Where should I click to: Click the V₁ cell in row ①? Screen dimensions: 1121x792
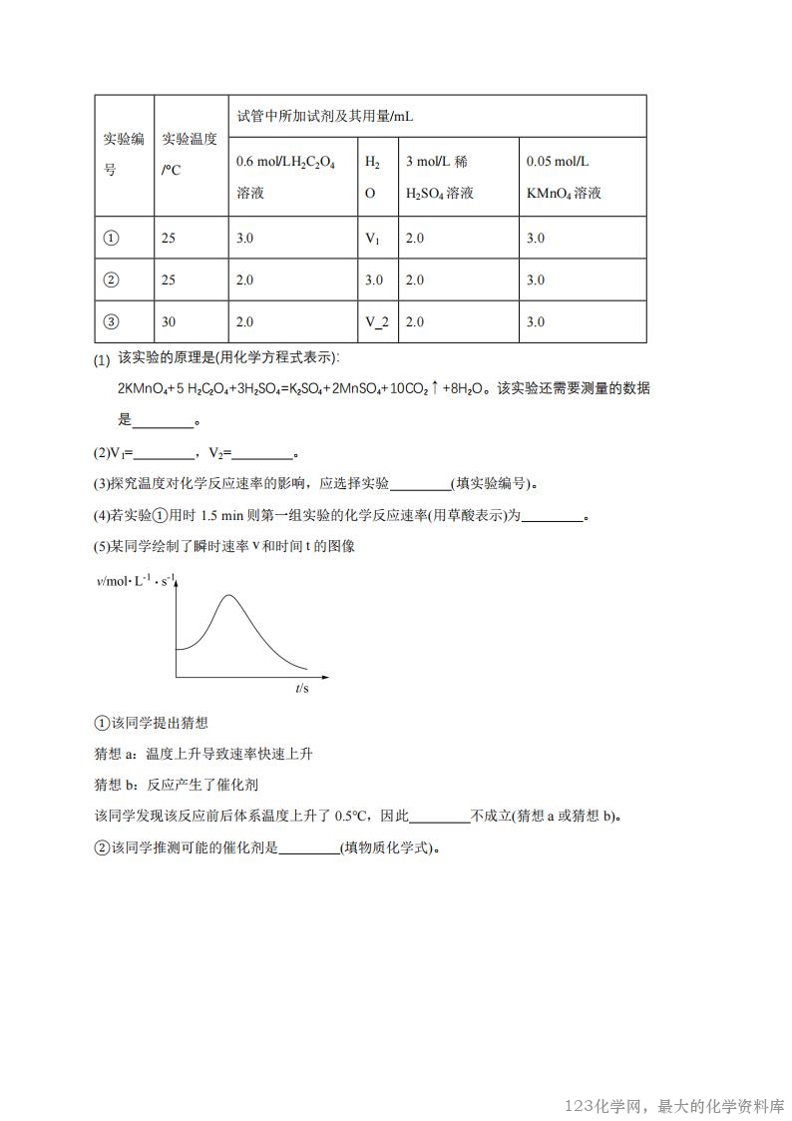point(372,239)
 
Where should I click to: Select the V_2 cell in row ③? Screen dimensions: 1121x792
point(374,321)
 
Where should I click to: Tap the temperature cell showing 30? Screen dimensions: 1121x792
point(169,321)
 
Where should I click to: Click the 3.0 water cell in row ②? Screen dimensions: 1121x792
point(374,280)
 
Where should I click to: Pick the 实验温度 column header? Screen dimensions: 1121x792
point(190,155)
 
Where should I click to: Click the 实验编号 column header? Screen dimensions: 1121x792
point(124,155)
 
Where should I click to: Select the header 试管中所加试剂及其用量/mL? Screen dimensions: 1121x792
point(324,117)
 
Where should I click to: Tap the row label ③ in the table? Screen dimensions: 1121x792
point(111,321)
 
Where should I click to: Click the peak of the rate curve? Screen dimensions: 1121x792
point(229,596)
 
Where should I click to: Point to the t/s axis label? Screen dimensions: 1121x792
point(302,689)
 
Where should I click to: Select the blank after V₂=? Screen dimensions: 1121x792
point(261,453)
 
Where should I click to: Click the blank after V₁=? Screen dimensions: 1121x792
point(165,453)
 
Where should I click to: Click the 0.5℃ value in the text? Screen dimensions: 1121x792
point(349,816)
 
